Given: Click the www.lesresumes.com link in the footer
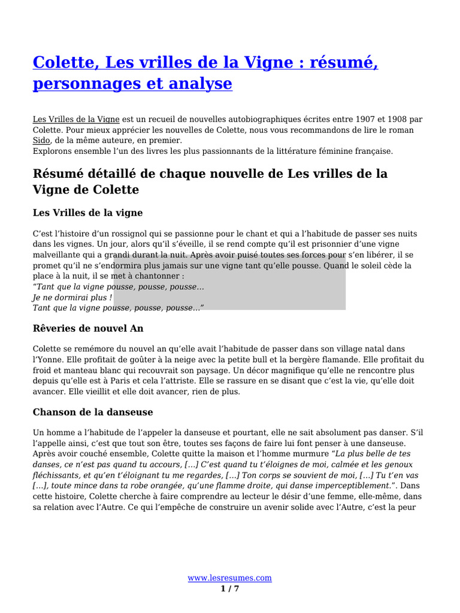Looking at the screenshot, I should tap(229, 578).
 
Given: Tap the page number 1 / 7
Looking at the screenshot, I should tap(229, 588).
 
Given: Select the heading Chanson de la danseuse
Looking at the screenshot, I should tap(93, 412).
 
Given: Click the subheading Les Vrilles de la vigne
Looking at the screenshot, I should tap(87, 213).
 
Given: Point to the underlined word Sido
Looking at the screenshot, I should tap(40, 140).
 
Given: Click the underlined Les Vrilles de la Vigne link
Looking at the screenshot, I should tap(76, 119).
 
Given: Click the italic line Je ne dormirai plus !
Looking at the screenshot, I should tap(72, 297).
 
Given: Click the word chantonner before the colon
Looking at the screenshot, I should tap(158, 276).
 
